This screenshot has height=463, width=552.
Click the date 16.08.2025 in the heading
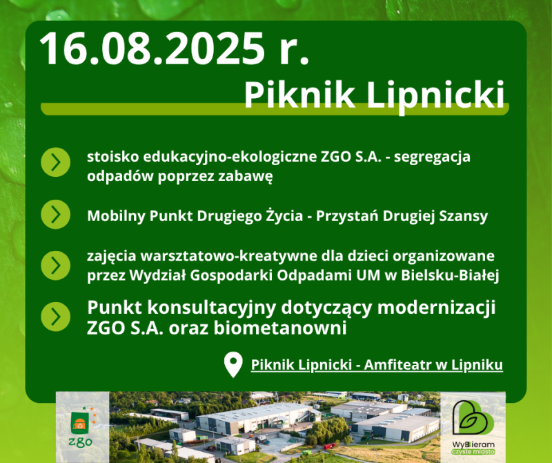point(152,48)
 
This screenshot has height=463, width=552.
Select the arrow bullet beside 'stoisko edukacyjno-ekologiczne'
point(56,162)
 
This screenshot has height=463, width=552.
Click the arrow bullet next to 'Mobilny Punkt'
point(56,214)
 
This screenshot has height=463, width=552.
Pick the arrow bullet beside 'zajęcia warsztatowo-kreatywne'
point(56,265)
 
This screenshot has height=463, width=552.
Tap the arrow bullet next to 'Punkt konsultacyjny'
point(56,316)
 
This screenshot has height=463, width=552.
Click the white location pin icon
point(233,365)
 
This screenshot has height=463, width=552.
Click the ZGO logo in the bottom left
point(81,427)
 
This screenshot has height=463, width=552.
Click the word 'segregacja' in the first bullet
point(433,158)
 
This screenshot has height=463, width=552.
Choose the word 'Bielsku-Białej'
point(450,276)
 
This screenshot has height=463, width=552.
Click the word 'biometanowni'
point(280,328)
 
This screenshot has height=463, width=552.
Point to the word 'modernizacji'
point(437,308)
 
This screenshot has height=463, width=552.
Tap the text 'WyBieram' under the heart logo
point(473,444)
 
